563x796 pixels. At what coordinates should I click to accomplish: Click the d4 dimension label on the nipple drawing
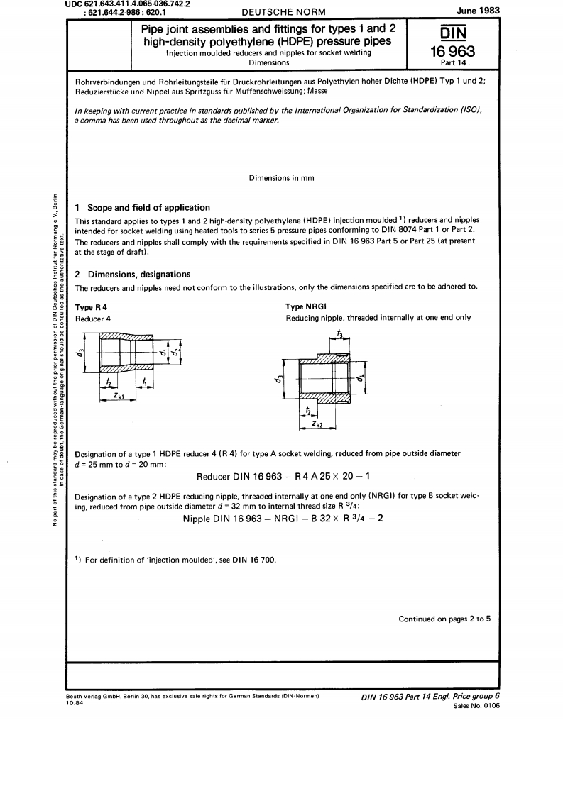[361, 379]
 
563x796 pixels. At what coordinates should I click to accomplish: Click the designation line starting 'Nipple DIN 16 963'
[282, 516]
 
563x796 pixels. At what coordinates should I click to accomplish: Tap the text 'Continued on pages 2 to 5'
[444, 619]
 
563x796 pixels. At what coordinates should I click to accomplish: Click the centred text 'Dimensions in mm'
[281, 177]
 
